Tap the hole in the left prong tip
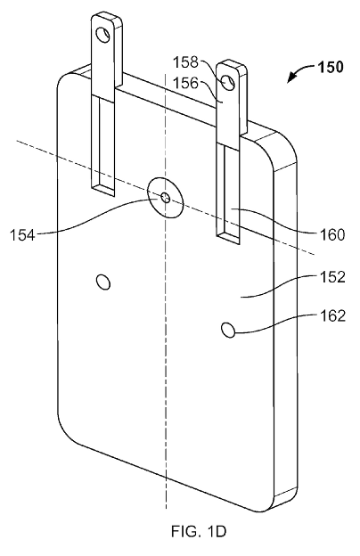pos(106,35)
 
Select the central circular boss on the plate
pos(166,198)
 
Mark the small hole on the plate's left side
pos(103,282)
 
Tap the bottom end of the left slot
pos(103,189)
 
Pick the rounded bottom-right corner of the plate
pos(286,495)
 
